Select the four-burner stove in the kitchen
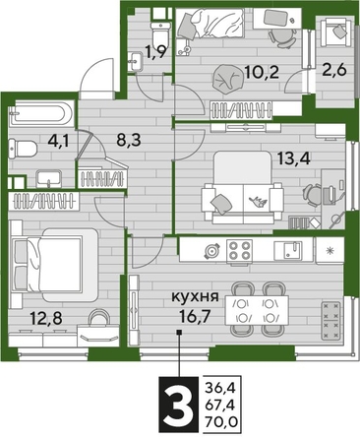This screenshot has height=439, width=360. (241, 250)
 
